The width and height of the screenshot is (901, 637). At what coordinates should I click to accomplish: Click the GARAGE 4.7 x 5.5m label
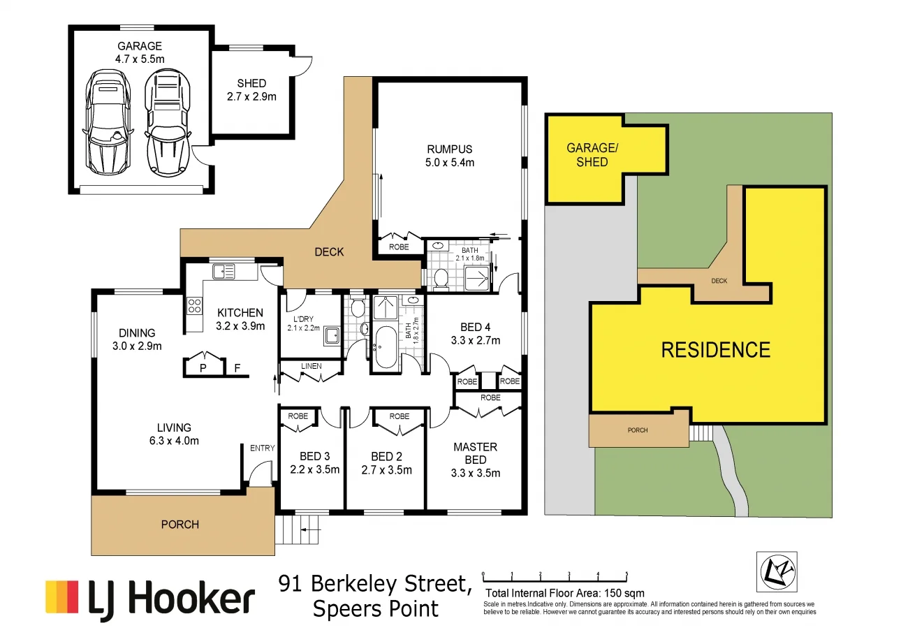140,52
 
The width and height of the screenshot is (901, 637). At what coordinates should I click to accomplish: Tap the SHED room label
251,90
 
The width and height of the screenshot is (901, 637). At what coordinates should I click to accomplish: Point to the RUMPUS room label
450,156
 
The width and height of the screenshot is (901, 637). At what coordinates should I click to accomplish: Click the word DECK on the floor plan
328,252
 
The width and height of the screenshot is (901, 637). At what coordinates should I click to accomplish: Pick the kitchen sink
224,271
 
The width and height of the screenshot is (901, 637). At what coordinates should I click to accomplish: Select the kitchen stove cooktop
193,305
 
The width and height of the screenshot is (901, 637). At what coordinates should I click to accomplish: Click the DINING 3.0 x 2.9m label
136,339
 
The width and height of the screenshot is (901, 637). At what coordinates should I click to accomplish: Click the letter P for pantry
203,367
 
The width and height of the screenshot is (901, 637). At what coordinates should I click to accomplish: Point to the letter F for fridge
237,367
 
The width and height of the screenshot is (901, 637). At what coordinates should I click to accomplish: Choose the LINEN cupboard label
311,366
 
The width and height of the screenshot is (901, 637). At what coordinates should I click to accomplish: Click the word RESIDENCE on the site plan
715,349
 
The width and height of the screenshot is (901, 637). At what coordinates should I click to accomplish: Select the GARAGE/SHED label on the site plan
587,155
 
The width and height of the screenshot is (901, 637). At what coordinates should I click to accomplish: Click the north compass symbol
777,572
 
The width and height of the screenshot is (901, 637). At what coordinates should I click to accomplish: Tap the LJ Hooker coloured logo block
61,597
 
